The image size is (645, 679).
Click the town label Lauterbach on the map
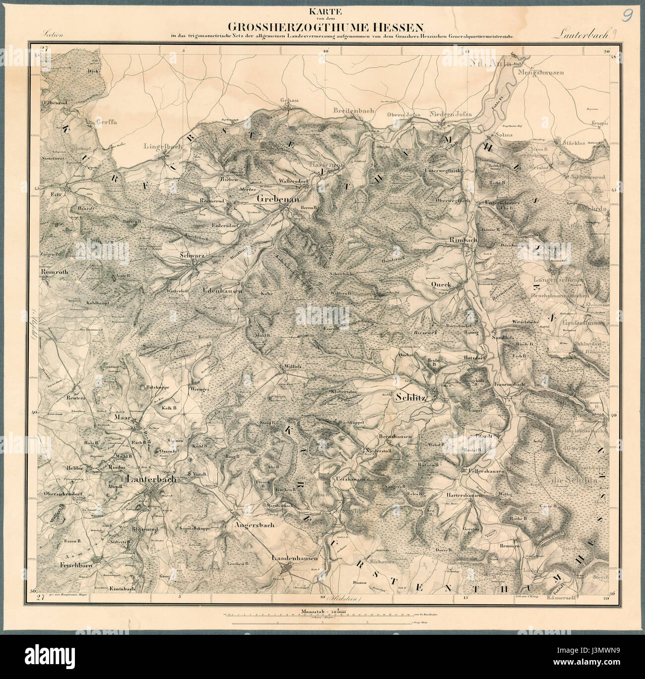coord(152,480)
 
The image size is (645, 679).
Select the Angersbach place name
coord(254,524)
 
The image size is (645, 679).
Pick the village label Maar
coord(122,418)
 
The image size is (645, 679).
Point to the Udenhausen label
coord(222,291)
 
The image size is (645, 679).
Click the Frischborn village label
coord(74,565)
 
